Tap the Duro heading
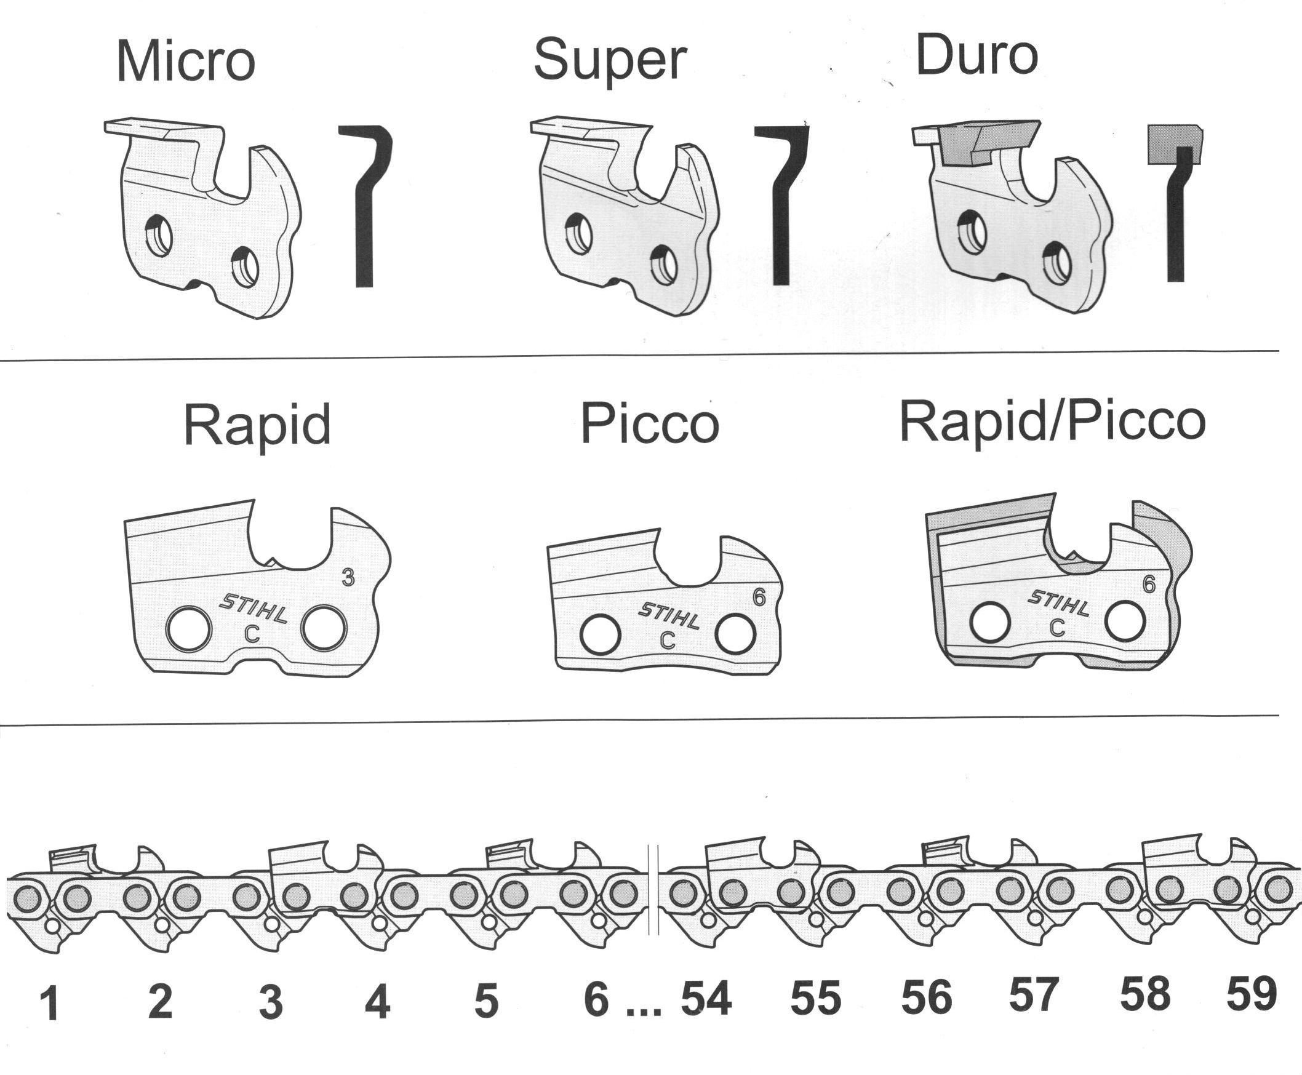[x=976, y=55]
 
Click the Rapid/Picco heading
[x=1053, y=423]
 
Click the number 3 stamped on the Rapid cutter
[x=348, y=578]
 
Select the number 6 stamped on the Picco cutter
[x=759, y=597]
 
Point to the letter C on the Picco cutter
[x=667, y=641]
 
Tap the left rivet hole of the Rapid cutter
[x=189, y=629]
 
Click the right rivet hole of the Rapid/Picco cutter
[x=1124, y=621]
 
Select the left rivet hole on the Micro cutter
[x=159, y=235]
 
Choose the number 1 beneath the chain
[x=49, y=1004]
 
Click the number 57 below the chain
[x=1033, y=994]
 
